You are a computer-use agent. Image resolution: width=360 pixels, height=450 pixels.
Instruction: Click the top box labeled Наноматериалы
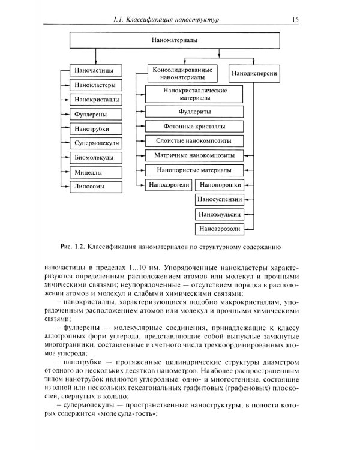pos(176,41)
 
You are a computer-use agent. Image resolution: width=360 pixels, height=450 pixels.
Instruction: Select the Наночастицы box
pos(95,70)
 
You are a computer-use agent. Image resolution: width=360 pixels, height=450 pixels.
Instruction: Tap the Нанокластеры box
pos(95,85)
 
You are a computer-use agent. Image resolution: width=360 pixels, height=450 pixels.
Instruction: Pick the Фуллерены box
pos(95,113)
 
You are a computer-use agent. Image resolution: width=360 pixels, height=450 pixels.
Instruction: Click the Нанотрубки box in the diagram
pos(95,128)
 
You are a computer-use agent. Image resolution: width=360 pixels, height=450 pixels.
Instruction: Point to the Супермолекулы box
pos(95,143)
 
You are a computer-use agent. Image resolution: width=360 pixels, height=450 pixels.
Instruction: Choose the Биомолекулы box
pos(95,157)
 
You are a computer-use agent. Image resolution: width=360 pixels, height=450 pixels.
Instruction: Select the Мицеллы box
pos(95,172)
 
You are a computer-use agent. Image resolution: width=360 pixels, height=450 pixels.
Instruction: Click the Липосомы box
pos(95,187)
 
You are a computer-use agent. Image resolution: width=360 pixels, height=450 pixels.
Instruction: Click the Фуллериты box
pos(194,111)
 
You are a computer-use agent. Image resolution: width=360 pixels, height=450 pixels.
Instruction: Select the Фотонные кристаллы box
pos(194,126)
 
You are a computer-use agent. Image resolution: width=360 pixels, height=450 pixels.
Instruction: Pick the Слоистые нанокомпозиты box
pos(194,140)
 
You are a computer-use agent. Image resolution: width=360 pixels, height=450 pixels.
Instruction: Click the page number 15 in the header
pos(295,20)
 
